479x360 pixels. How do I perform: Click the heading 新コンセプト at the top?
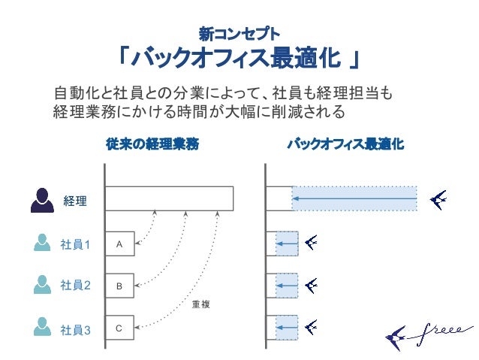239,33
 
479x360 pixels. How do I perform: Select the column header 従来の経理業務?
152,144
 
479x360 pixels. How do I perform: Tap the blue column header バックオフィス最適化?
346,144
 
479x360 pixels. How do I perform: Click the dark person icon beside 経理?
41,199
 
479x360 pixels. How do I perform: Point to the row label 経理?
75,201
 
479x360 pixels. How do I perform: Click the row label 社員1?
75,244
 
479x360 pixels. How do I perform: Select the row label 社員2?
75,286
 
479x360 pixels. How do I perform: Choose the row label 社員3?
75,328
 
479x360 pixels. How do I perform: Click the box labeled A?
119,244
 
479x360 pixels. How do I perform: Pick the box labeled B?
119,286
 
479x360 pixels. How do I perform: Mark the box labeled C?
119,328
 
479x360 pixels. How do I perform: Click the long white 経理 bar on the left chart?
169,198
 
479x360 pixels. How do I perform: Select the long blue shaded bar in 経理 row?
354,198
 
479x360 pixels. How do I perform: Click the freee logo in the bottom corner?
428,332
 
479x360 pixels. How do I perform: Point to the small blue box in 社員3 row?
287,328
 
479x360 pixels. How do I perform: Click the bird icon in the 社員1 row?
312,243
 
